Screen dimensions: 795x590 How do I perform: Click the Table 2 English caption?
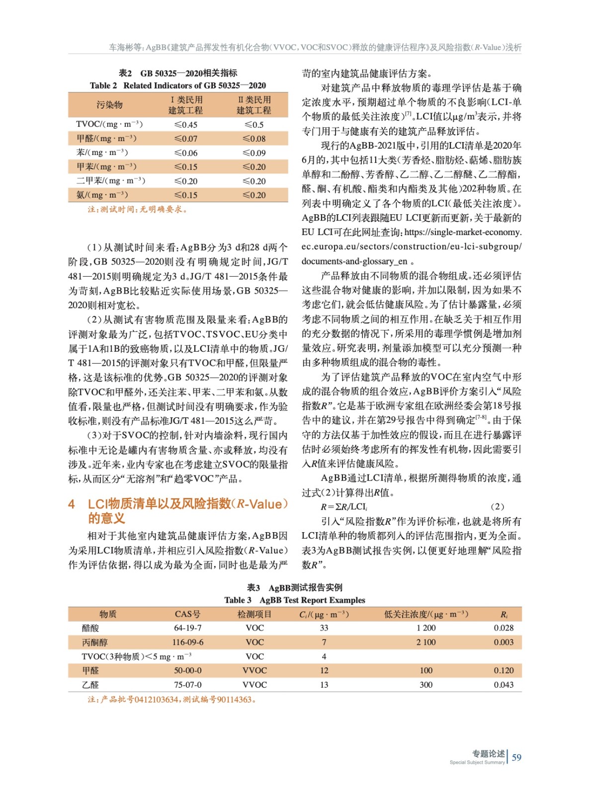point(177,85)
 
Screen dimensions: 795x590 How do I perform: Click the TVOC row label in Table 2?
point(109,124)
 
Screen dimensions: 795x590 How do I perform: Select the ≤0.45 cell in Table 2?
point(185,125)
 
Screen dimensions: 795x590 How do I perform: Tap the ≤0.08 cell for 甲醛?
point(253,139)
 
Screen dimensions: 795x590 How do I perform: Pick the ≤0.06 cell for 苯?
point(185,153)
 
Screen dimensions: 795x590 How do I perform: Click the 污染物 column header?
point(109,105)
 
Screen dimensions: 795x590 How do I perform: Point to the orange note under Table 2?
point(138,209)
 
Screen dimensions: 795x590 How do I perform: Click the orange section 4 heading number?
point(72,504)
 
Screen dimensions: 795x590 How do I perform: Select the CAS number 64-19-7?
point(187,628)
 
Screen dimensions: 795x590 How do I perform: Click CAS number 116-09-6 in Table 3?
point(187,642)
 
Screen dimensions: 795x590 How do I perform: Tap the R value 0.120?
point(504,670)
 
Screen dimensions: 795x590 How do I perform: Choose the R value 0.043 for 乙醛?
point(504,685)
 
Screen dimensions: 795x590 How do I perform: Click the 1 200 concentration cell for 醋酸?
point(426,628)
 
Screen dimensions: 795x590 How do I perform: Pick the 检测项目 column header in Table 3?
point(254,614)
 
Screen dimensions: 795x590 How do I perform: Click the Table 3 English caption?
point(294,600)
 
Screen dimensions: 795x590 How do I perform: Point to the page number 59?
point(516,757)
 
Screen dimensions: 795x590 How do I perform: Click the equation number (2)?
point(497,507)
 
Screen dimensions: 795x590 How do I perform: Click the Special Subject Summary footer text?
point(477,762)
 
